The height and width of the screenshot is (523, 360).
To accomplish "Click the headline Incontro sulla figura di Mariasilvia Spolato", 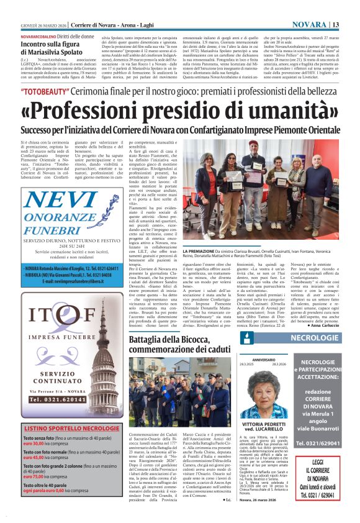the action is click(x=56, y=49).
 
